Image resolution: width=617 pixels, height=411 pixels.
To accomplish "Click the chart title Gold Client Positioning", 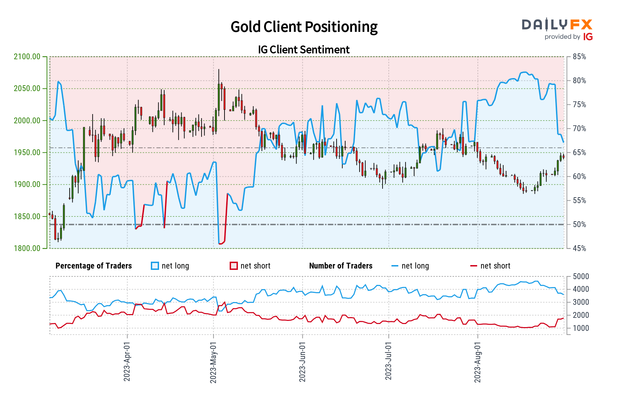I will (304, 27).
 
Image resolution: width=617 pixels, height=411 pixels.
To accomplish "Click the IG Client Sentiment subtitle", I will (304, 50).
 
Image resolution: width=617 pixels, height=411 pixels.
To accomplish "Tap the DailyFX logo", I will (557, 25).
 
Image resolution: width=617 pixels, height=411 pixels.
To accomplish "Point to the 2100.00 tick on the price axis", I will (27, 57).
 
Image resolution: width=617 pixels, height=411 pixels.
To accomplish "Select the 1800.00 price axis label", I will (27, 248).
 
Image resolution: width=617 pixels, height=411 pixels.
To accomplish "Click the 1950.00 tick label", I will (27, 152).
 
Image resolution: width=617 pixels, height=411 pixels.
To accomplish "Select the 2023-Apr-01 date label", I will (127, 361).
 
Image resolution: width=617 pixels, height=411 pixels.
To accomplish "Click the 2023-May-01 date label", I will (213, 361).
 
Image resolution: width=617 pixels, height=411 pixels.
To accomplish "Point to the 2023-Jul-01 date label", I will (388, 361).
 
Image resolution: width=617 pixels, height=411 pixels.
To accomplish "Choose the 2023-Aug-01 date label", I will (477, 361).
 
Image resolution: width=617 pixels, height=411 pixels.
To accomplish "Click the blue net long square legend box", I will (155, 266).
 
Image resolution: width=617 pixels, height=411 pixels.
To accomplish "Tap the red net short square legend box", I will (234, 266).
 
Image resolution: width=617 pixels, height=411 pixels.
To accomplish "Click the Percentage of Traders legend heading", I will (94, 266).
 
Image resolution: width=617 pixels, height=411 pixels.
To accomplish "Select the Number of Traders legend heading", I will (341, 266).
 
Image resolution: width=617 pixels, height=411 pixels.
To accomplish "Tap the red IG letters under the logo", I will (588, 37).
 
